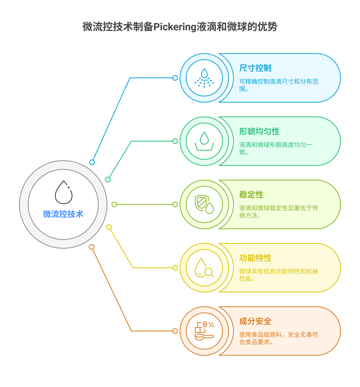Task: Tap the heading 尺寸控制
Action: [x=255, y=68]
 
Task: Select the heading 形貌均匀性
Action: [x=259, y=132]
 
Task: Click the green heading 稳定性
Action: [x=251, y=195]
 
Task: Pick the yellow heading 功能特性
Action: [x=255, y=258]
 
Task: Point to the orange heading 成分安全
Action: [x=255, y=322]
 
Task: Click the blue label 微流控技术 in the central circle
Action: [x=63, y=214]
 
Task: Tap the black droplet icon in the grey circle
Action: [x=63, y=192]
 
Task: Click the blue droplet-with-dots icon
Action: [x=204, y=78]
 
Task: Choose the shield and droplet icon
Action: [x=204, y=204]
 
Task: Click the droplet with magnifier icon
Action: [x=204, y=268]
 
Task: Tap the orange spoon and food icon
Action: [x=204, y=331]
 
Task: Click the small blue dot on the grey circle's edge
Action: [x=92, y=162]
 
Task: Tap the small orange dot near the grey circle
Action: [x=92, y=247]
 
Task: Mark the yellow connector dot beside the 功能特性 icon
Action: [x=175, y=268]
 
